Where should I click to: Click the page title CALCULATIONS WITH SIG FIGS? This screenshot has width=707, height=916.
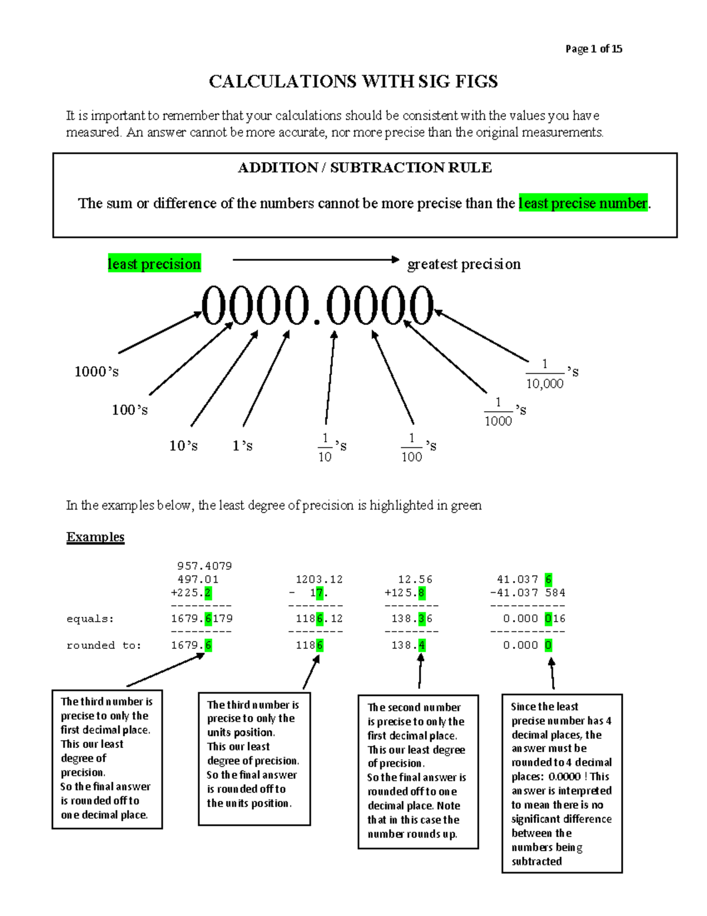353,81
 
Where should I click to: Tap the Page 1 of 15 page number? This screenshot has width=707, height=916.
593,49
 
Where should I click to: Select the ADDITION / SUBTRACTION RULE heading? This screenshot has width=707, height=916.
365,168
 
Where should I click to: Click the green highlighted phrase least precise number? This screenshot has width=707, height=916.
583,203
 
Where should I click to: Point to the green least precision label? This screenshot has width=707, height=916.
154,264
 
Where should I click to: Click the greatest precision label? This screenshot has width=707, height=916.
464,264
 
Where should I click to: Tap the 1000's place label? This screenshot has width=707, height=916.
96,372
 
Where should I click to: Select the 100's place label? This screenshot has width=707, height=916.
130,410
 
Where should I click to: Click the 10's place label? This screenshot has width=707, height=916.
183,446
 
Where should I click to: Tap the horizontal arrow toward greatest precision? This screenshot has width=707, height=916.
315,260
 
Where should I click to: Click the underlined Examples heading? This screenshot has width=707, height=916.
95,537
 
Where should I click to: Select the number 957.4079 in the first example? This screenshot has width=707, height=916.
204,566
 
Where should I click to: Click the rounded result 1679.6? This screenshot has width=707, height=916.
191,645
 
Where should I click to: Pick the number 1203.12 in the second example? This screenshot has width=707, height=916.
319,579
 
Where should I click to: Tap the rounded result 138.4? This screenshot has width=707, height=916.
408,645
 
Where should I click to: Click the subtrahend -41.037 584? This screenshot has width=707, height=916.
527,592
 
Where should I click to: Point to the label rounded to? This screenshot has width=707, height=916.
104,645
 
